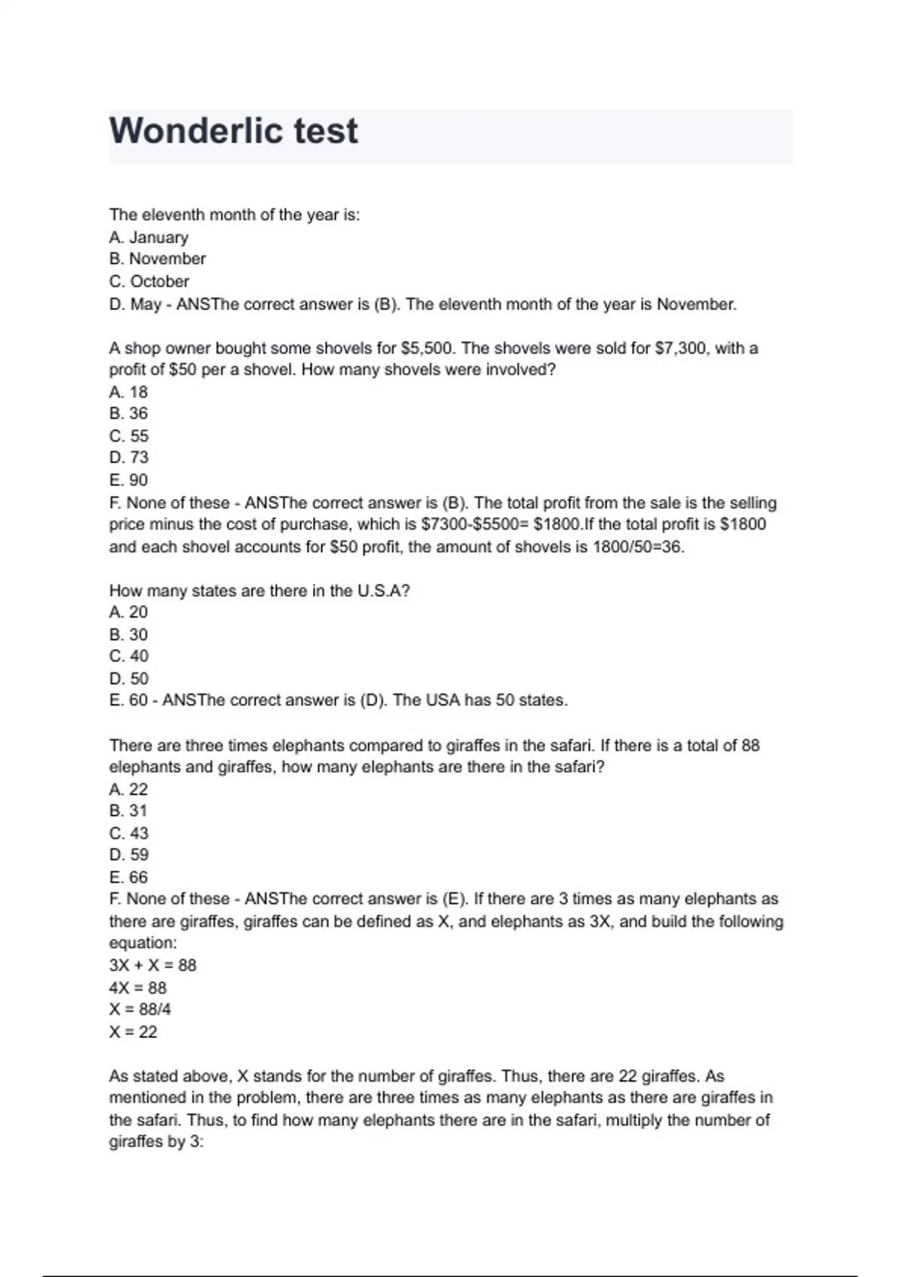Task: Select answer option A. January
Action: (x=149, y=237)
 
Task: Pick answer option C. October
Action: (x=149, y=282)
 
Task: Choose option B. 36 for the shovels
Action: (x=128, y=414)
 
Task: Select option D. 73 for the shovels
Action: (x=128, y=457)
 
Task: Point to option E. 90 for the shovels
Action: (x=128, y=480)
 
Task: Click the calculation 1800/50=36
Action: (x=637, y=547)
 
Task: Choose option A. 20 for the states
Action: (x=128, y=612)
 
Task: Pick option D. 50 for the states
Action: (x=128, y=679)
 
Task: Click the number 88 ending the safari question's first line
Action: (x=750, y=746)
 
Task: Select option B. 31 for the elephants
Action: (x=128, y=811)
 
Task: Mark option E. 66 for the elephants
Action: (x=128, y=877)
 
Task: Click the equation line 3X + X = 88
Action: (x=152, y=965)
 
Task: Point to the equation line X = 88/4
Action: (x=140, y=1010)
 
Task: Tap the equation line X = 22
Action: (x=133, y=1032)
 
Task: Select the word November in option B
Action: (x=167, y=259)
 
